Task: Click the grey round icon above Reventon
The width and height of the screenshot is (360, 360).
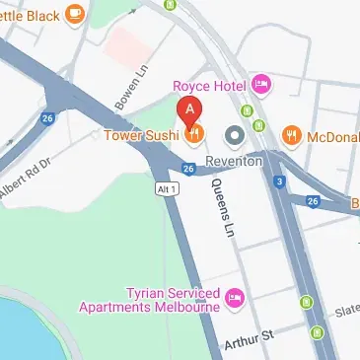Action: pyautogui.click(x=234, y=133)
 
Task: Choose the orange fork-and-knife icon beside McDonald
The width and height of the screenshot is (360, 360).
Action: pyautogui.click(x=291, y=134)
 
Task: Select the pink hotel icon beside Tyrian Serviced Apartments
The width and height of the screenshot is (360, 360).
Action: pyautogui.click(x=234, y=295)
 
